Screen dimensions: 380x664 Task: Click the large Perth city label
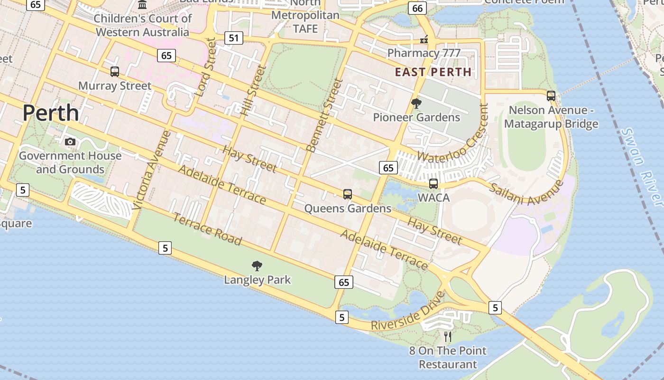51,113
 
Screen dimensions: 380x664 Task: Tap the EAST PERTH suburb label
433,72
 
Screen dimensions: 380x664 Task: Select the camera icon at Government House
70,142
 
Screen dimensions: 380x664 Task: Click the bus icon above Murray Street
115,72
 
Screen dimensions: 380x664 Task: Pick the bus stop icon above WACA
433,184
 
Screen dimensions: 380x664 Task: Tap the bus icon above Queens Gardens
348,194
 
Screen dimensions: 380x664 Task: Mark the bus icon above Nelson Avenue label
551,96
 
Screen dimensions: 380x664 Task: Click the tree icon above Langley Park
257,266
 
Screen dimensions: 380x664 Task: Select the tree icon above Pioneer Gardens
416,103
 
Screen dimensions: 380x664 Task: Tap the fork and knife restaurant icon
448,336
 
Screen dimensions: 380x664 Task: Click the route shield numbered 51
233,38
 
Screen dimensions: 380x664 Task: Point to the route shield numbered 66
417,8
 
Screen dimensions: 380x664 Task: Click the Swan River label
642,167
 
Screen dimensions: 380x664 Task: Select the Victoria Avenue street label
151,170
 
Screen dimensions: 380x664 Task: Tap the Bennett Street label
325,115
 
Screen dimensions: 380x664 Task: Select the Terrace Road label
207,229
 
